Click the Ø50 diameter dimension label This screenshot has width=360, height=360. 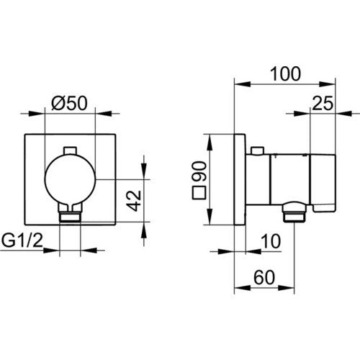point(69,104)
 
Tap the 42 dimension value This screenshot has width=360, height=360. point(134,201)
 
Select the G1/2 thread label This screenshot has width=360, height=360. point(22,240)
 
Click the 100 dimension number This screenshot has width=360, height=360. point(285,74)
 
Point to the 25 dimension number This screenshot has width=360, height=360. point(323,104)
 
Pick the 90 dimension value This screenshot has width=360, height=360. point(199,171)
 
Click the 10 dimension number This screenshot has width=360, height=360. point(271,241)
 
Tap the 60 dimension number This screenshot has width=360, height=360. point(264,278)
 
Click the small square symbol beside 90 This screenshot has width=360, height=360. point(199,193)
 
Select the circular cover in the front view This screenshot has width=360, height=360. point(70,179)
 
